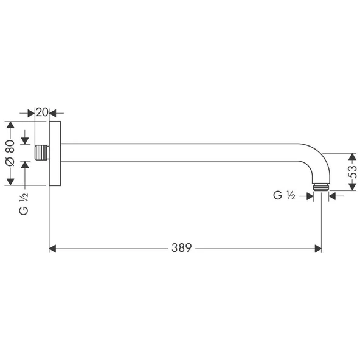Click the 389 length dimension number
click(181, 248)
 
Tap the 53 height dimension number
click(353, 171)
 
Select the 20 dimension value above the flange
click(42, 112)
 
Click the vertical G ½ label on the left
click(24, 204)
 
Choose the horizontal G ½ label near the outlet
click(283, 196)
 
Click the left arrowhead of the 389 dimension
click(53, 248)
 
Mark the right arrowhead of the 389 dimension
click(317, 248)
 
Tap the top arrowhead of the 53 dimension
click(353, 156)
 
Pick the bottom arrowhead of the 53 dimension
click(353, 187)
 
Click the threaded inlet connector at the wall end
click(41, 153)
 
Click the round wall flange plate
click(55, 153)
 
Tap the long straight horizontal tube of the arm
click(182, 153)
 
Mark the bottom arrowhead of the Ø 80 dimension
click(10, 181)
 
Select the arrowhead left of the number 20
click(31, 112)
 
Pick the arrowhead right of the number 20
click(53, 112)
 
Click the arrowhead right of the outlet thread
click(332, 196)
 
